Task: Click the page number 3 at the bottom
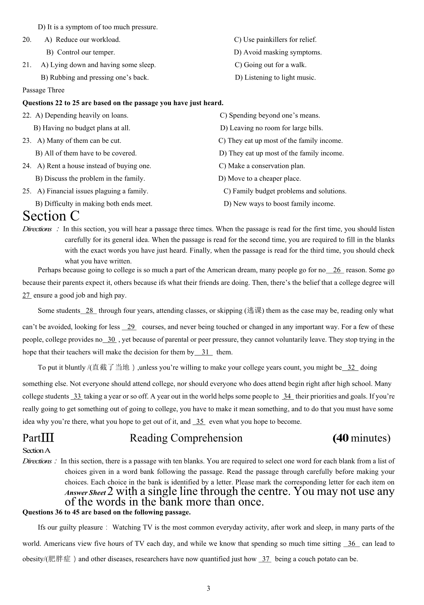pyautogui.click(x=208, y=588)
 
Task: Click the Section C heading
pyautogui.click(x=51, y=216)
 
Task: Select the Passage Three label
pyautogui.click(x=43, y=90)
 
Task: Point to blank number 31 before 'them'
pyautogui.click(x=205, y=352)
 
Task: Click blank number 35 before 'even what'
pyautogui.click(x=199, y=421)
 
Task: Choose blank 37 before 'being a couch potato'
pyautogui.click(x=265, y=559)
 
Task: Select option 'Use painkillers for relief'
pyautogui.click(x=275, y=40)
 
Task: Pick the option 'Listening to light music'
pyautogui.click(x=275, y=78)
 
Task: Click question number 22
pyautogui.click(x=27, y=115)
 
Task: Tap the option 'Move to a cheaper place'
pyautogui.click(x=259, y=179)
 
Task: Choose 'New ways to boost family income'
pyautogui.click(x=279, y=204)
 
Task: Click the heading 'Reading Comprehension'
pyautogui.click(x=186, y=438)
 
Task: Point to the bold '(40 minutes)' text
pyautogui.click(x=361, y=438)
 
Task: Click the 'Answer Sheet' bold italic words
pyautogui.click(x=85, y=493)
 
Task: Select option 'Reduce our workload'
pyautogui.click(x=82, y=40)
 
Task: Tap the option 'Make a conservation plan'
pyautogui.click(x=262, y=166)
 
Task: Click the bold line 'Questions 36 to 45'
pyautogui.click(x=107, y=512)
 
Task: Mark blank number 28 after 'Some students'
pyautogui.click(x=89, y=311)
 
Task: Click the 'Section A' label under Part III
pyautogui.click(x=37, y=450)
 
